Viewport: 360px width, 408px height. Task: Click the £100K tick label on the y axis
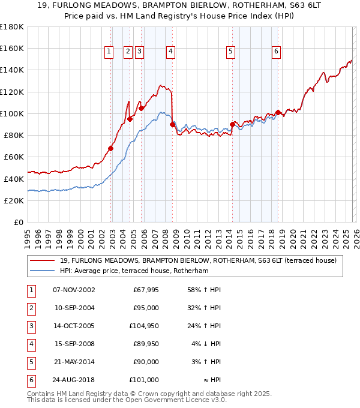pos(12,113)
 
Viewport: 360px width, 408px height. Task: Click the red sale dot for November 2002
pos(111,148)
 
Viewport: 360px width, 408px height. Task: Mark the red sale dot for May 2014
pos(232,124)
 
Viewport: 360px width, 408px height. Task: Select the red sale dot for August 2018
pos(278,112)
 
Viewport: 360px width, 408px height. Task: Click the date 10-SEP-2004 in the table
pos(74,308)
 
